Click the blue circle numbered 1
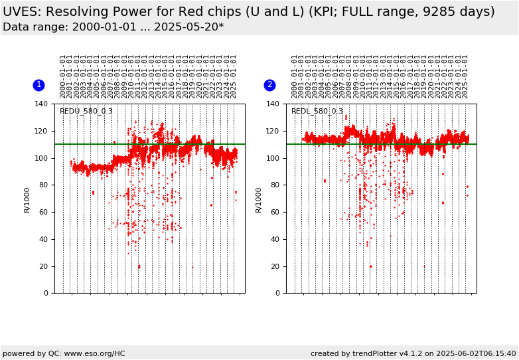point(38,85)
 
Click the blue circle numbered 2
point(269,85)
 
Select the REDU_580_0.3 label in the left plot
point(86,112)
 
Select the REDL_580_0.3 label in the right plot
point(317,112)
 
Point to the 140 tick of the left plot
point(42,104)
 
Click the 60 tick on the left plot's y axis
point(44,212)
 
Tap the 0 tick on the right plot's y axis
point(278,293)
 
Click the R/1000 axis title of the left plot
point(27,199)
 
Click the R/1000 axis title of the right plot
point(259,199)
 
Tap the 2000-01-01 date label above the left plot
point(63,76)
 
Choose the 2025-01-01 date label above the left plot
point(234,76)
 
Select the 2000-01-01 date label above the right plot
point(295,76)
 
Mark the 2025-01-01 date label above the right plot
point(465,76)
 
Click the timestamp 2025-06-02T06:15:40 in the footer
point(470,353)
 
